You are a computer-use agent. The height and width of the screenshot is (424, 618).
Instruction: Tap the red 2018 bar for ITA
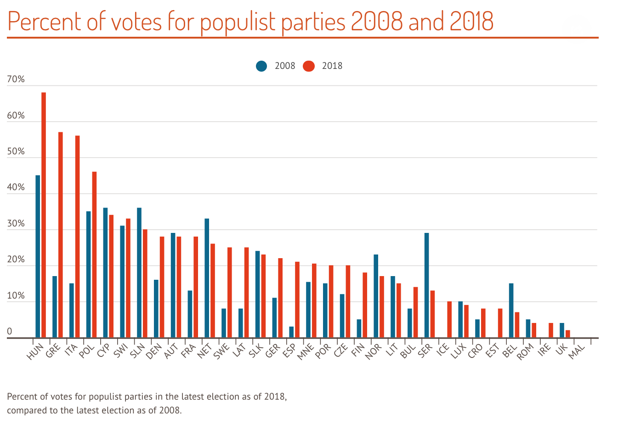click(x=77, y=237)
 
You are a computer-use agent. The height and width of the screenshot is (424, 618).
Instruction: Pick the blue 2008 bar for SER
click(x=427, y=285)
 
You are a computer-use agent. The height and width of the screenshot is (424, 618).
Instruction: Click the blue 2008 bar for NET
click(x=207, y=278)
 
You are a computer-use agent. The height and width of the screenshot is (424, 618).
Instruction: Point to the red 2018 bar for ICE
click(x=449, y=320)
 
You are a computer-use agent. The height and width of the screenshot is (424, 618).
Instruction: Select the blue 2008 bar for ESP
click(x=291, y=332)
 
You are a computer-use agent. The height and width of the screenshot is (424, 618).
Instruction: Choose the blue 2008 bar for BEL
click(x=511, y=311)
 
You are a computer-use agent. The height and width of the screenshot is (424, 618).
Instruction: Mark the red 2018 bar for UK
click(x=568, y=334)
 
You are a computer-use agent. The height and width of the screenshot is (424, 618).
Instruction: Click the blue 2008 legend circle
click(x=262, y=66)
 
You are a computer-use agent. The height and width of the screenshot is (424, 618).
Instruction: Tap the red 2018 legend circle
click(x=309, y=66)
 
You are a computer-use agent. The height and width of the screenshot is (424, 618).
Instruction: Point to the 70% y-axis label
click(x=16, y=79)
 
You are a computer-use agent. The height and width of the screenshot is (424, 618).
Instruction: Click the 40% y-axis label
click(x=16, y=188)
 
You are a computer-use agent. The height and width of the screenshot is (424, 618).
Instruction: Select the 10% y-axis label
click(x=16, y=296)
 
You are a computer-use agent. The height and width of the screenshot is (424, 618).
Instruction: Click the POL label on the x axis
click(x=87, y=351)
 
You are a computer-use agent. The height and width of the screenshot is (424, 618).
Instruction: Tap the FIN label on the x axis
click(x=358, y=351)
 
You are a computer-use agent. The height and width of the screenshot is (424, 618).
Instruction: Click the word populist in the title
click(x=239, y=22)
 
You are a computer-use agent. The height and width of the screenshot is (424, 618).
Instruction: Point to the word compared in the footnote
click(x=28, y=410)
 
